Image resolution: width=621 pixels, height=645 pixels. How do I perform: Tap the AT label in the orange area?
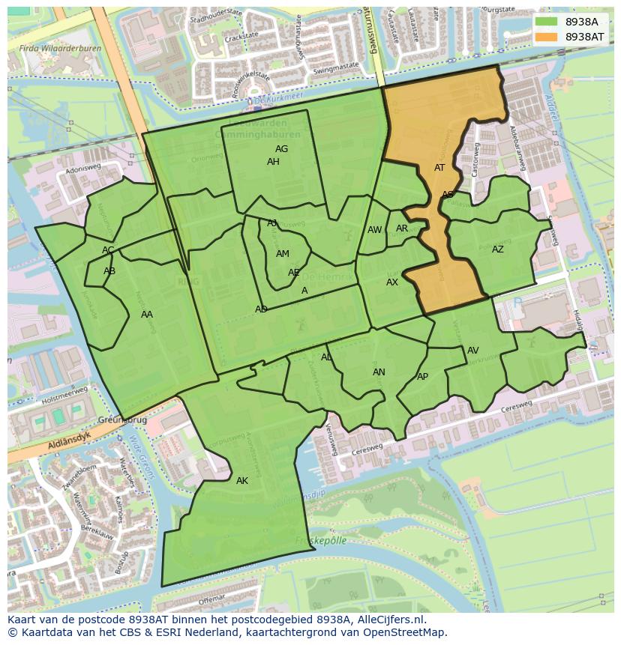[439, 168]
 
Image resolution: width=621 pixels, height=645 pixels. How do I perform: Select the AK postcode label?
[241, 481]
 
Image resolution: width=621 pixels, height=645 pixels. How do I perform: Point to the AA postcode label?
[147, 315]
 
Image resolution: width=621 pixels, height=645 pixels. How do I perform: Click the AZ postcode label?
[498, 249]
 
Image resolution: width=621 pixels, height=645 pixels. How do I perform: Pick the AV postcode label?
[472, 351]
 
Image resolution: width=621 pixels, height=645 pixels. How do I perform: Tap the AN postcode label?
[379, 372]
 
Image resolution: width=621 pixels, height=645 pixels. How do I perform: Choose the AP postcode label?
[422, 377]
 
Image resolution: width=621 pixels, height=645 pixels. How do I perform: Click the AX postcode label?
[392, 282]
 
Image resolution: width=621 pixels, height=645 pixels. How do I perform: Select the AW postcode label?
[374, 230]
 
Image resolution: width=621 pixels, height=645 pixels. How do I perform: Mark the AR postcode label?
[402, 228]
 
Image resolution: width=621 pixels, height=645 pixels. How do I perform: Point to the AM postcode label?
[282, 254]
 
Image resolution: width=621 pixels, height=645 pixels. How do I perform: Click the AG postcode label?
[281, 149]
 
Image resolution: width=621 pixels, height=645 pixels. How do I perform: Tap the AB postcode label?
[109, 271]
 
